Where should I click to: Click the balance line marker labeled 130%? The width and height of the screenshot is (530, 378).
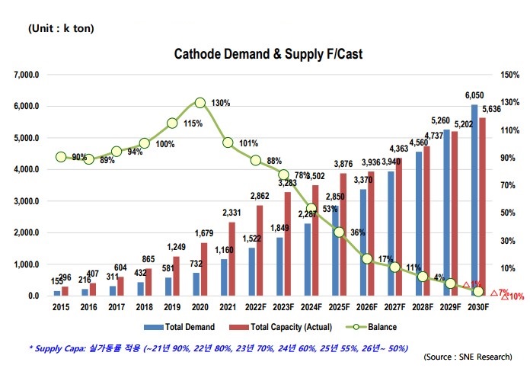(x=200, y=102)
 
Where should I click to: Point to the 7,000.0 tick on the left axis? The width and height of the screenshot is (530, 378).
(x=23, y=75)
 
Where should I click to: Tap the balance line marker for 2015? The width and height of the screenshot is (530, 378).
(x=61, y=157)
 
